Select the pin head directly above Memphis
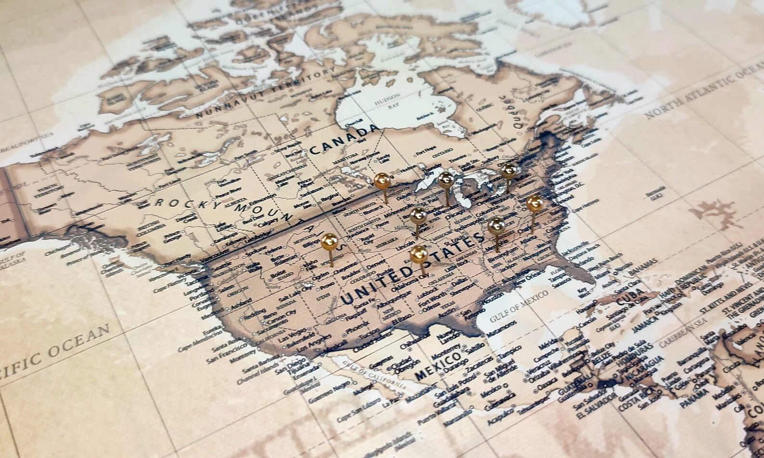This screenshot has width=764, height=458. point(495,225)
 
